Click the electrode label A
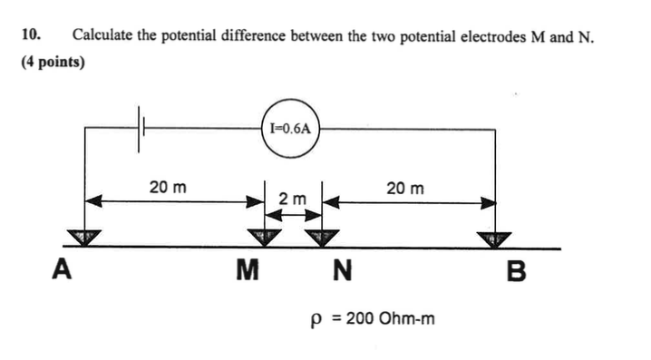[x=62, y=270]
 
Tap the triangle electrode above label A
[x=83, y=238]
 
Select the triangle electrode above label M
[x=265, y=238]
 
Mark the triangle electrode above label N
[x=320, y=238]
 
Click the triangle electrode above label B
[x=494, y=238]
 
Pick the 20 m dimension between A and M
[x=169, y=188]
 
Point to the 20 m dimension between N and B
[x=404, y=188]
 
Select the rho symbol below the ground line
[x=316, y=321]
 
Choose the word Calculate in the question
[x=103, y=36]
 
